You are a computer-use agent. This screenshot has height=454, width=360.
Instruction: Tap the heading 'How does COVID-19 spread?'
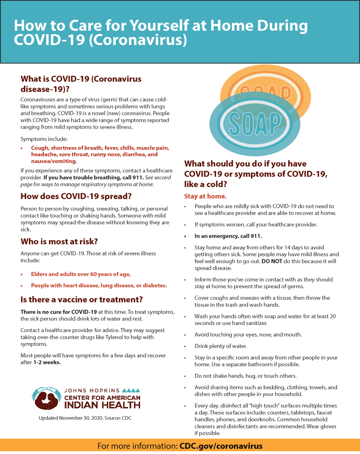point(76,196)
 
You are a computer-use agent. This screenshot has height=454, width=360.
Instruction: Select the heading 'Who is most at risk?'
point(59,242)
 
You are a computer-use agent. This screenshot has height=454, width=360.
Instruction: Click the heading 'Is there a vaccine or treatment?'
point(82,299)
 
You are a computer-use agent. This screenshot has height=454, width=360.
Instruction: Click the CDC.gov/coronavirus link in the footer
point(221,446)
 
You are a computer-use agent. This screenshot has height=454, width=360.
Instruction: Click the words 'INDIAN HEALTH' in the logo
point(102,405)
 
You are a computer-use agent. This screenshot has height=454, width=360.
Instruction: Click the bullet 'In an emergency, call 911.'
point(228,236)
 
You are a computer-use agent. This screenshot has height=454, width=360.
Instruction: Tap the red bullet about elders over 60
point(81,274)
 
